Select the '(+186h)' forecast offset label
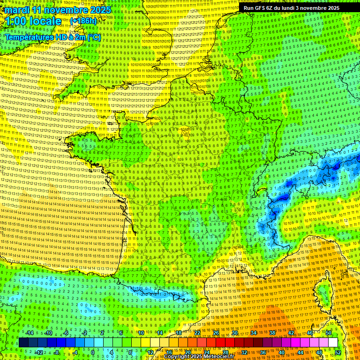pos(83,21)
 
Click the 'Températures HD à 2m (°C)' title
pos(53,37)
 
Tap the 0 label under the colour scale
pos(93,352)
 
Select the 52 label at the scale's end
pos(338,352)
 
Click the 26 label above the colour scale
pos(216,333)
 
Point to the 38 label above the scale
pos(272,333)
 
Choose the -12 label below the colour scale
pos(39,352)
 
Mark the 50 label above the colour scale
pos(329,333)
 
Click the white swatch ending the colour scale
pos(333,343)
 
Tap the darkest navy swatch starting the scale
pos(23,343)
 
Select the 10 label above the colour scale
pos(141,333)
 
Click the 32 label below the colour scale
pos(244,352)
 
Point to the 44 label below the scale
pos(300,352)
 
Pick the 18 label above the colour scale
pos(178,333)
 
